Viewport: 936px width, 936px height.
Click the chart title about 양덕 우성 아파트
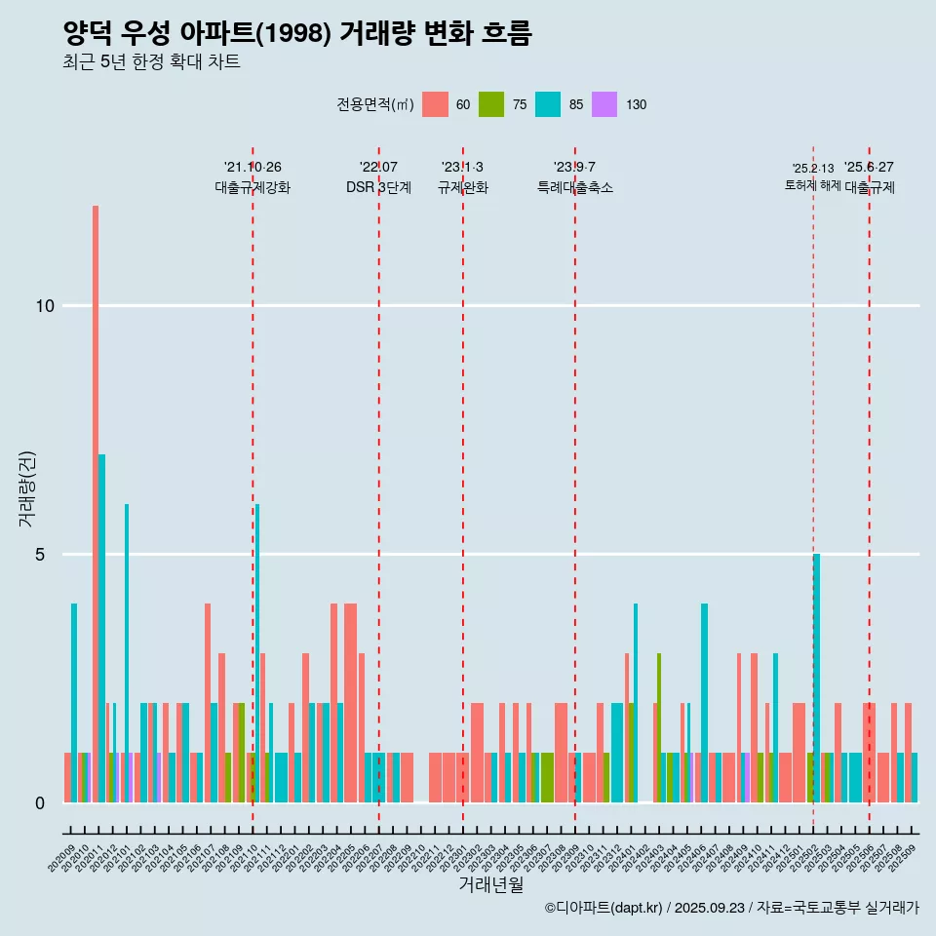tap(296, 34)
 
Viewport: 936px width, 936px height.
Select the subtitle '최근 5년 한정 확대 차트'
tap(151, 62)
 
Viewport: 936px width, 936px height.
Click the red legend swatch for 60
tap(435, 104)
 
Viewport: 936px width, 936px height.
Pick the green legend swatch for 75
tap(491, 104)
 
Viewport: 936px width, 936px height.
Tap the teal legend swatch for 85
tap(548, 104)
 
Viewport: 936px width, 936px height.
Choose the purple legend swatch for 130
tap(604, 104)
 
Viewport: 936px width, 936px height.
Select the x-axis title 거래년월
tap(490, 885)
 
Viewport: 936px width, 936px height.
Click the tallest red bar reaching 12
tap(96, 503)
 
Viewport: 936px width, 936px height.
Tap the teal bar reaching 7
tap(101, 628)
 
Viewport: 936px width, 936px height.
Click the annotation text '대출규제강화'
tap(253, 188)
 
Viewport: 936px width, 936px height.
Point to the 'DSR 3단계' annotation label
tap(378, 188)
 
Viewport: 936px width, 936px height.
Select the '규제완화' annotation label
tap(462, 188)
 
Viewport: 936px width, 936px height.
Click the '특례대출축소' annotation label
tap(574, 188)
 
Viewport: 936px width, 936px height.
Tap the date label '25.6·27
tap(869, 168)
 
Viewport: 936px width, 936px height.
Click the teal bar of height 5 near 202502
tap(817, 679)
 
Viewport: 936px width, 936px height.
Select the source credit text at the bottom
tap(731, 908)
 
